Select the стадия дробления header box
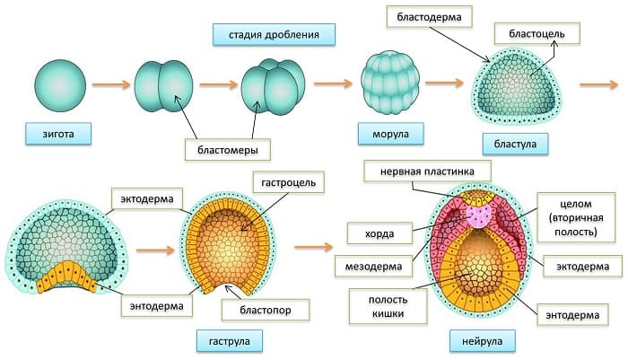[x=274, y=35]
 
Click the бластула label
[x=515, y=144]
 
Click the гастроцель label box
[x=284, y=183]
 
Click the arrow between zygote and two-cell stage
[x=109, y=86]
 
